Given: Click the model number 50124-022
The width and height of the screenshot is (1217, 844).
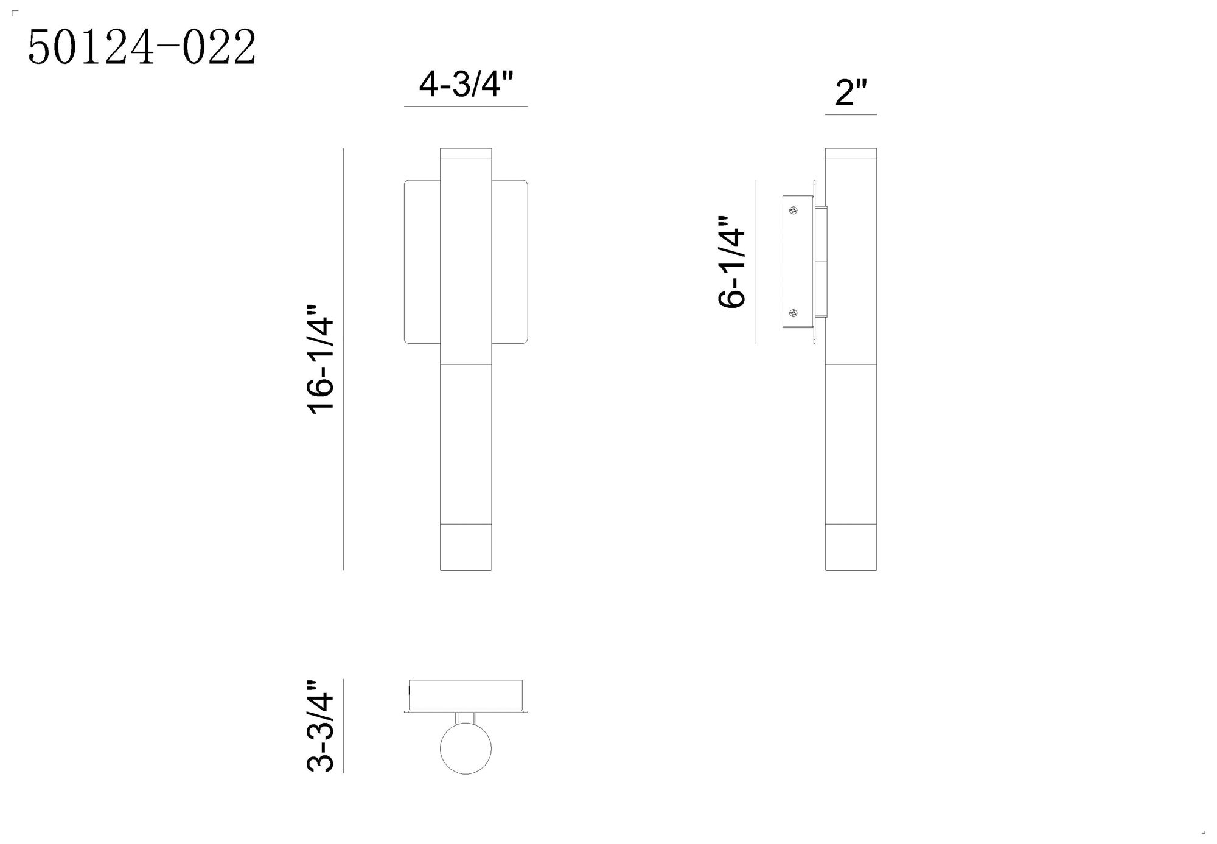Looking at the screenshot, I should tap(142, 47).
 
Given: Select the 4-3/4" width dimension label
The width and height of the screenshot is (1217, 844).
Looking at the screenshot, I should tap(466, 85).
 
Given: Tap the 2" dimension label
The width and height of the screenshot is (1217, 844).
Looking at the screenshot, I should tap(850, 93).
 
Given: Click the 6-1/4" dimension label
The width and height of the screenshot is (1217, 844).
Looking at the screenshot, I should tap(732, 262).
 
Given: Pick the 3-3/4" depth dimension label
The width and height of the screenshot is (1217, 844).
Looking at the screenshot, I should tap(321, 726).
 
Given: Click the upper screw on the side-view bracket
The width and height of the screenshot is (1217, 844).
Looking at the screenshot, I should tap(793, 211).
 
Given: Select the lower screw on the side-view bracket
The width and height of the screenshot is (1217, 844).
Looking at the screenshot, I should tap(793, 313).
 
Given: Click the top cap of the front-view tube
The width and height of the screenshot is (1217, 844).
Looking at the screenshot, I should tap(466, 153).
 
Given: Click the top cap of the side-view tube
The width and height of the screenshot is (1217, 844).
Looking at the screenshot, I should tap(851, 153).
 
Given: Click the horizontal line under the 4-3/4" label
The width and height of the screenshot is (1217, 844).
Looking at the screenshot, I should tap(466, 106).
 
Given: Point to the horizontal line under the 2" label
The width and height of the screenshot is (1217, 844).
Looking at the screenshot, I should tap(851, 114).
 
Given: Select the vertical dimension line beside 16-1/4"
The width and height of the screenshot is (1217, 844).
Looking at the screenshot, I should tap(343, 359).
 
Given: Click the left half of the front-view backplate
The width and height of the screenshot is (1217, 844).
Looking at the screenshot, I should tap(422, 262).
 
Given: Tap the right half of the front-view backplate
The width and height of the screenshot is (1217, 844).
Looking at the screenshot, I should tap(509, 262).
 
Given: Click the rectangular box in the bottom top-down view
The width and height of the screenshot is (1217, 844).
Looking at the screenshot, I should tap(466, 694).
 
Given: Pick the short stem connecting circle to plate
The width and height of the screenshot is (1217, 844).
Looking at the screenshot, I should tap(466, 717).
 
